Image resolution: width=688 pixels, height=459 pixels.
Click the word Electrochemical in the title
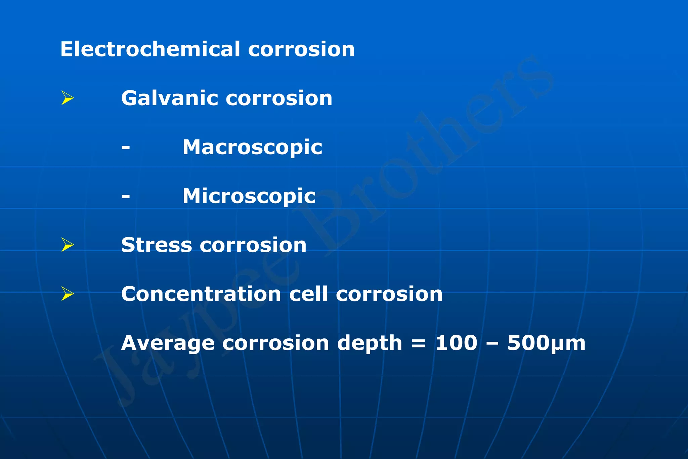pyautogui.click(x=150, y=49)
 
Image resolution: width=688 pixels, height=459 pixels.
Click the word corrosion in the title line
pyautogui.click(x=301, y=50)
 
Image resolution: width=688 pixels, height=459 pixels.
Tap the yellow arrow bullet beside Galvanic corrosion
pyautogui.click(x=68, y=98)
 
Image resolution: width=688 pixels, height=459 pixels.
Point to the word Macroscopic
pyautogui.click(x=252, y=147)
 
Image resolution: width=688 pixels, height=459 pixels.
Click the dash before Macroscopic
pyautogui.click(x=126, y=147)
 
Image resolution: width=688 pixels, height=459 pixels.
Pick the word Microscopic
pyautogui.click(x=249, y=196)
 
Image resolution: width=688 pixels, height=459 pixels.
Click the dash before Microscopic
pyautogui.click(x=126, y=196)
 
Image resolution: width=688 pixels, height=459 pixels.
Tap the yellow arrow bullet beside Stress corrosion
pyautogui.click(x=68, y=245)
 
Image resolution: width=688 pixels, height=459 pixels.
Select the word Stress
pyautogui.click(x=157, y=245)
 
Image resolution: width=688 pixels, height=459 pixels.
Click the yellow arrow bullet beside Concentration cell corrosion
pyautogui.click(x=68, y=294)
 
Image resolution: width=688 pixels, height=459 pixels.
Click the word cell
pyautogui.click(x=308, y=294)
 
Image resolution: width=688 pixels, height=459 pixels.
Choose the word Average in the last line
pyautogui.click(x=168, y=343)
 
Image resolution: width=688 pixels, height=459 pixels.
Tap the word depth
pyautogui.click(x=370, y=343)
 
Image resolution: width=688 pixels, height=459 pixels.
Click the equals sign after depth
pyautogui.click(x=419, y=343)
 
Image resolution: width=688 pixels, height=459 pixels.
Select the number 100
pyautogui.click(x=456, y=343)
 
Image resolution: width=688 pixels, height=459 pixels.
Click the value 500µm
pyautogui.click(x=546, y=343)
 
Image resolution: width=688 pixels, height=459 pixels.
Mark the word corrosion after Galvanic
pyautogui.click(x=279, y=98)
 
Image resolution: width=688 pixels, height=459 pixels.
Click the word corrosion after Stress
pyautogui.click(x=253, y=245)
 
